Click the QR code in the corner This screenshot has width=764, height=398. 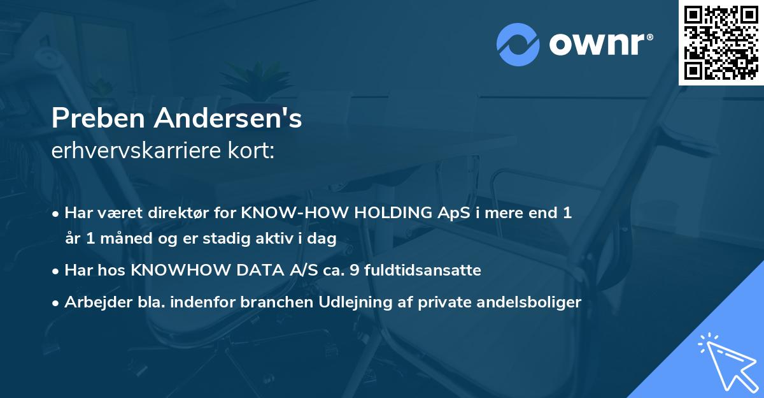(x=721, y=42)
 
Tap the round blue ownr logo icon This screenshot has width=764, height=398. (x=518, y=44)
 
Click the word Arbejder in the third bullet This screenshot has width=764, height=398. (x=92, y=302)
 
